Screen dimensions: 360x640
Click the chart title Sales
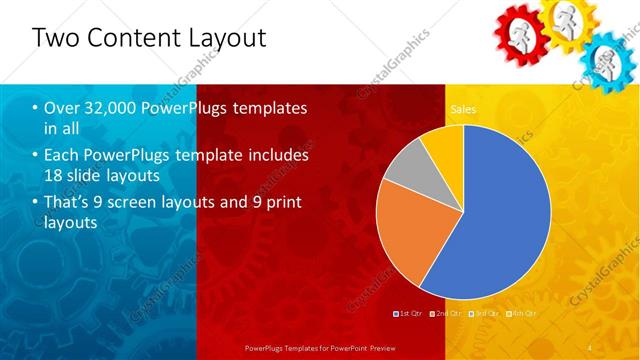click(x=463, y=109)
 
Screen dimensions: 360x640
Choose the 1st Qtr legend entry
click(x=407, y=314)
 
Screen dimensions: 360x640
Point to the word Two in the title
click(x=54, y=38)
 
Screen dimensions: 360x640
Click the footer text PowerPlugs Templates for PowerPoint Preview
click(x=320, y=348)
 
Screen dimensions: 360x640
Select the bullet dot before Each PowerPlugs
click(x=36, y=156)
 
